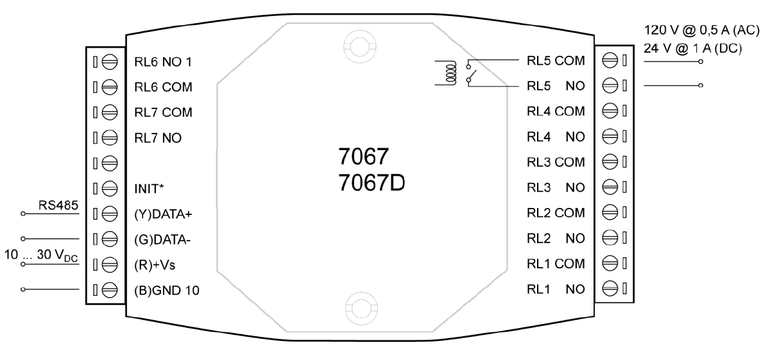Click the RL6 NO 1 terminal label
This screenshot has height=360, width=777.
(x=163, y=62)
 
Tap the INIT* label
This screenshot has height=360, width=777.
(x=149, y=189)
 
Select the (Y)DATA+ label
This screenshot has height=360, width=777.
(x=163, y=214)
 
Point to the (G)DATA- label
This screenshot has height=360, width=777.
(x=162, y=239)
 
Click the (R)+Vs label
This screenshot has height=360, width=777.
(x=155, y=265)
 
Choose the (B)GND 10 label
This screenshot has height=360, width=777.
(x=167, y=291)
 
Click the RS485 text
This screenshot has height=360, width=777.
(x=58, y=205)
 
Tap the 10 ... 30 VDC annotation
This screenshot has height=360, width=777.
(x=41, y=255)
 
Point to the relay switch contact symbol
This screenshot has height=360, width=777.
(x=472, y=73)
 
